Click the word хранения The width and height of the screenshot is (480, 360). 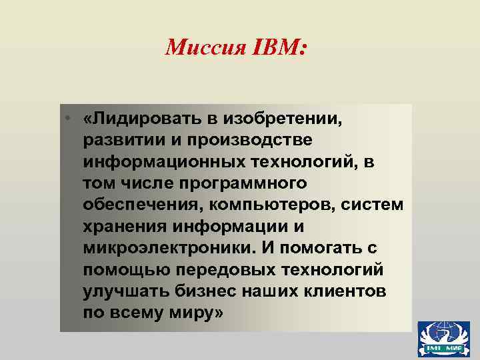pos(126,226)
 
